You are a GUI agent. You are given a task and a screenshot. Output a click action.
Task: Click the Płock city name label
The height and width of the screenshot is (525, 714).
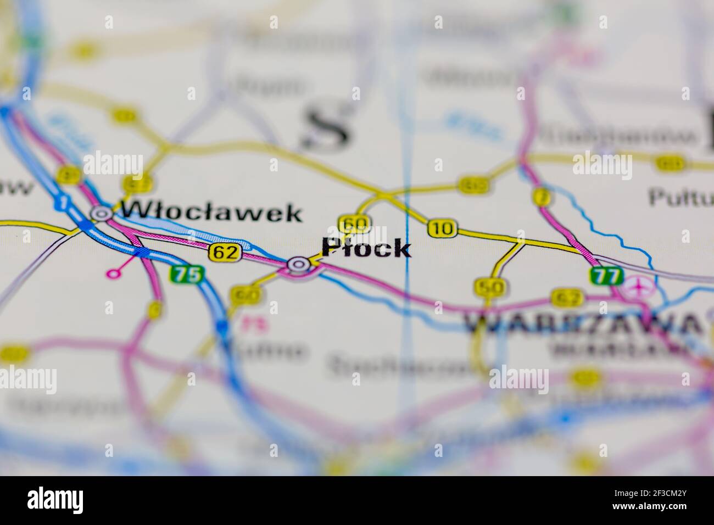coord(366,248)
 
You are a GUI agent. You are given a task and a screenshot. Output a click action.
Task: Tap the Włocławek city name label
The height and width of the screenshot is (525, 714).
coord(212,212)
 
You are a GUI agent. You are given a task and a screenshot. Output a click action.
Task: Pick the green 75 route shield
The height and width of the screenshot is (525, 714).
coord(187,274)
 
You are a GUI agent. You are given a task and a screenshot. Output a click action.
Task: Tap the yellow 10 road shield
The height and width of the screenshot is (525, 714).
coord(442,228)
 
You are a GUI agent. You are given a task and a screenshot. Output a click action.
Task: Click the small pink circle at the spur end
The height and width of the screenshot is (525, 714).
coord(114,273)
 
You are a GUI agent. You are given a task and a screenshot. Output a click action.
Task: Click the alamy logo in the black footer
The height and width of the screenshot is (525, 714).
coord(57,500)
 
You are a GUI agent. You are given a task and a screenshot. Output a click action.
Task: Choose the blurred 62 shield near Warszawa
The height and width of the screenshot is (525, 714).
coord(567,298)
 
